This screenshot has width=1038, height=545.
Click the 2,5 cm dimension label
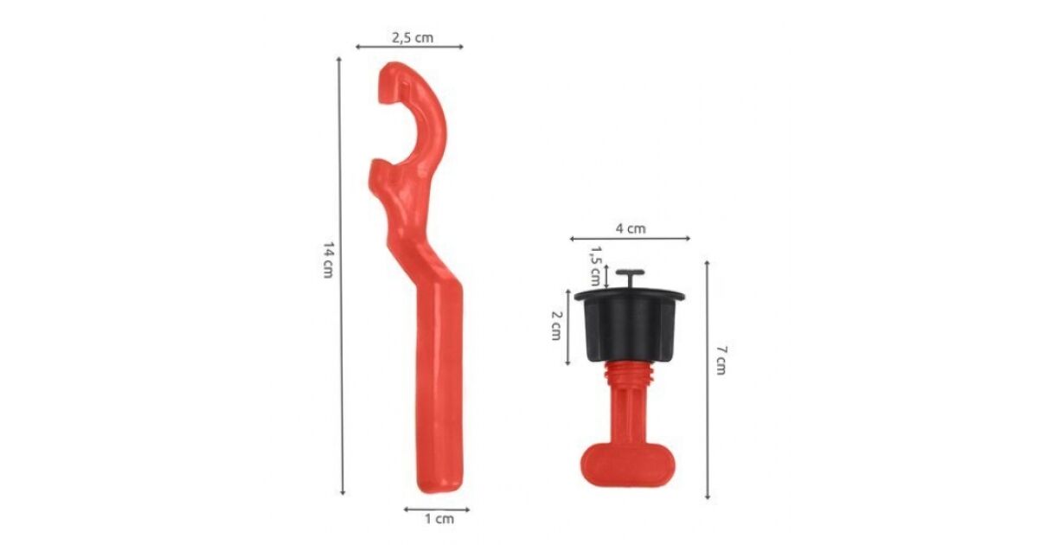pyautogui.click(x=413, y=37)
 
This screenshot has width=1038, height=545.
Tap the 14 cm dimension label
pyautogui.click(x=328, y=260)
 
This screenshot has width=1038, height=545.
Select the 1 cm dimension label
pyautogui.click(x=439, y=518)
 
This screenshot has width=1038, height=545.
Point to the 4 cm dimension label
pyautogui.click(x=631, y=228)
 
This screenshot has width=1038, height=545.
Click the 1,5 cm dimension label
pyautogui.click(x=595, y=266)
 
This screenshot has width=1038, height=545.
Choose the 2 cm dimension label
pyautogui.click(x=556, y=325)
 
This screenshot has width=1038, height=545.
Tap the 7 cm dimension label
pyautogui.click(x=721, y=360)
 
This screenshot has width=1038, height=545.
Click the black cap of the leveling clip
pyautogui.click(x=630, y=325)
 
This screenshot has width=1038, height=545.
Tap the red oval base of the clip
pyautogui.click(x=628, y=465)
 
